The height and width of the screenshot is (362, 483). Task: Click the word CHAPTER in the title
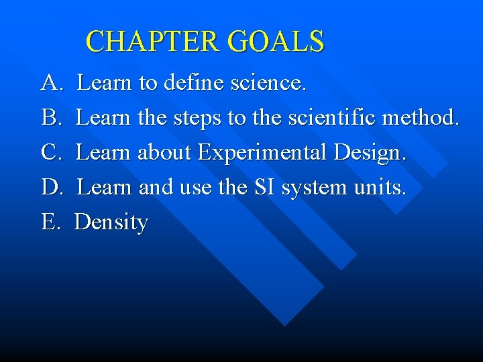tap(154, 42)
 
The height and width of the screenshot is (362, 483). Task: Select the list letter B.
tap(51, 118)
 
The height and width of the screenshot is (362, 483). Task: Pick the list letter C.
tap(51, 153)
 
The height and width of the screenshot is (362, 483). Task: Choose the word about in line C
tap(164, 153)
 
